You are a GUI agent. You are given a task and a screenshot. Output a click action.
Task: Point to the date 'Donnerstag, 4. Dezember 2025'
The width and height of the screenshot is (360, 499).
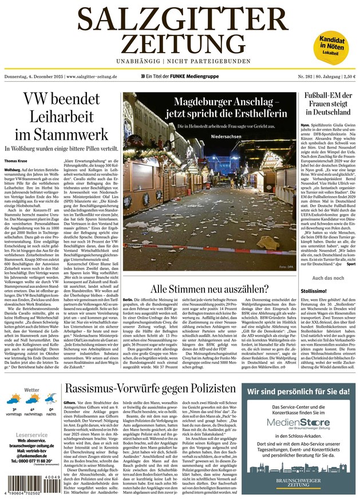point(34,76)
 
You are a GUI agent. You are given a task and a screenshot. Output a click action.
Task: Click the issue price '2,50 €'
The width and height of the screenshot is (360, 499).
point(346,76)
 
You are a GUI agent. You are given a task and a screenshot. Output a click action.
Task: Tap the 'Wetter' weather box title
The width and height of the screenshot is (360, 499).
point(32,390)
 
